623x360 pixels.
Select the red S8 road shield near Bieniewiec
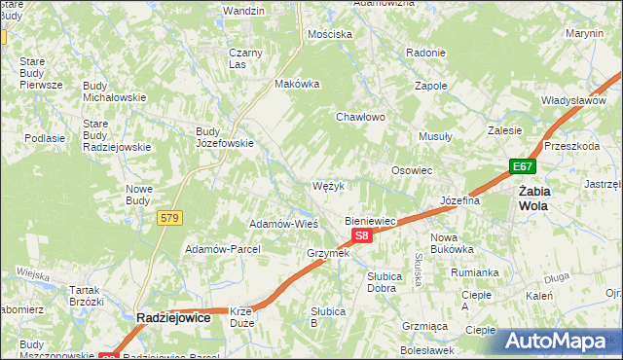(361, 235)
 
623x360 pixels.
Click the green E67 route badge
(523, 167)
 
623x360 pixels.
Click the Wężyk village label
(329, 185)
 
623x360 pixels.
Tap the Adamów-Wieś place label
(284, 223)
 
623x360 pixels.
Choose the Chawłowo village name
(361, 117)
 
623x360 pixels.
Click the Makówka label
(298, 84)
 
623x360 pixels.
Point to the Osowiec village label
(412, 169)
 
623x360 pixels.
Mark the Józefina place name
(461, 200)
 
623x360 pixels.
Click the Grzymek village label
(327, 253)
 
